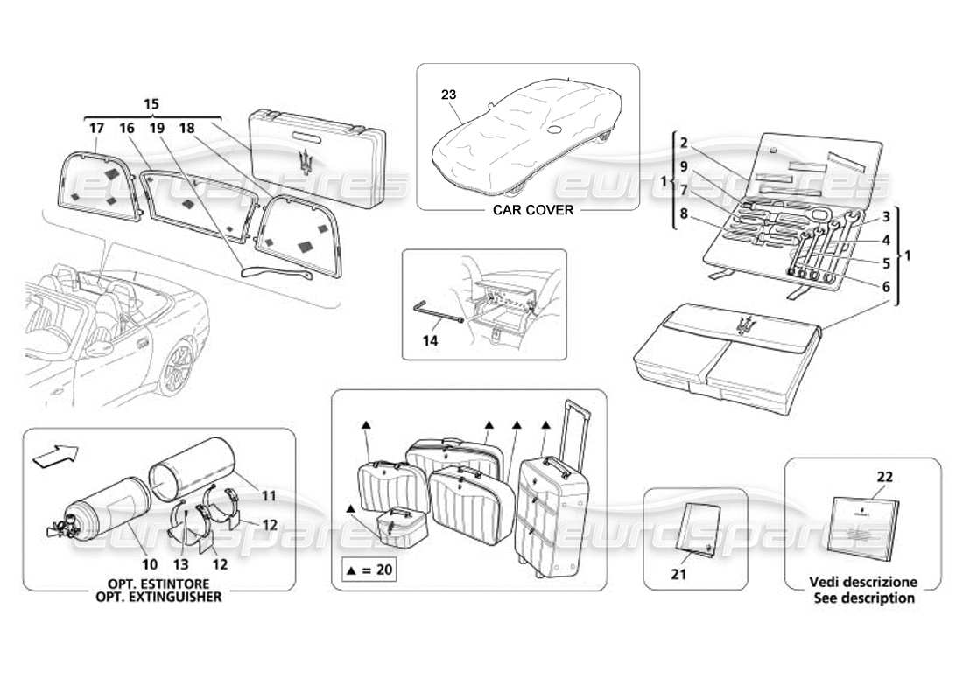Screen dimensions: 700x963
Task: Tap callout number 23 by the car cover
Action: pos(448,94)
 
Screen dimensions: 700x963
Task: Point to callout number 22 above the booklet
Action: pos(884,476)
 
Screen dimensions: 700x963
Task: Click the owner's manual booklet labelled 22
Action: pos(863,523)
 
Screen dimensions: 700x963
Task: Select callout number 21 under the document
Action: pos(679,574)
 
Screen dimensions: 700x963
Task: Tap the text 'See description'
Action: pos(863,598)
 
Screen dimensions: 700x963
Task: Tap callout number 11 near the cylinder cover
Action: pos(268,495)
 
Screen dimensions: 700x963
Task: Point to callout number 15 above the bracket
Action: pos(152,103)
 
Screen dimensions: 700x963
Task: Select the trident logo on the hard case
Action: pos(305,163)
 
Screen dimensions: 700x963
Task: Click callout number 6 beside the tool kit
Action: pos(886,286)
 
